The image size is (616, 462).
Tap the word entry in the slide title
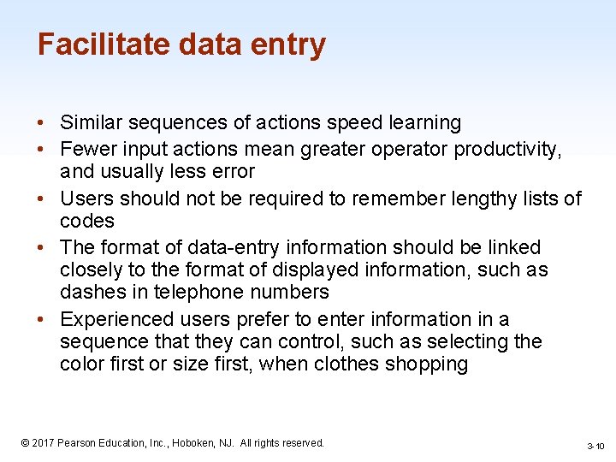tap(287, 45)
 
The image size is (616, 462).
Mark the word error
tap(231, 172)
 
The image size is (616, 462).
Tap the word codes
tap(87, 222)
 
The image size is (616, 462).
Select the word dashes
tap(91, 293)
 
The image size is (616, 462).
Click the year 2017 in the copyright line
tap(44, 443)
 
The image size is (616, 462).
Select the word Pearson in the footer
tap(79, 443)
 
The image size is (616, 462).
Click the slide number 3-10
tap(595, 447)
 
